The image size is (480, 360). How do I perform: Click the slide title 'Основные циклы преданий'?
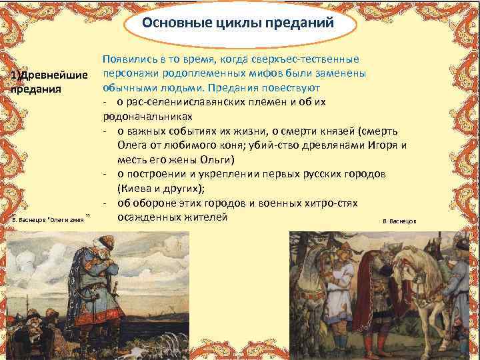(x=239, y=24)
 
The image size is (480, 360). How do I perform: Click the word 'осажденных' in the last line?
(x=145, y=217)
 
